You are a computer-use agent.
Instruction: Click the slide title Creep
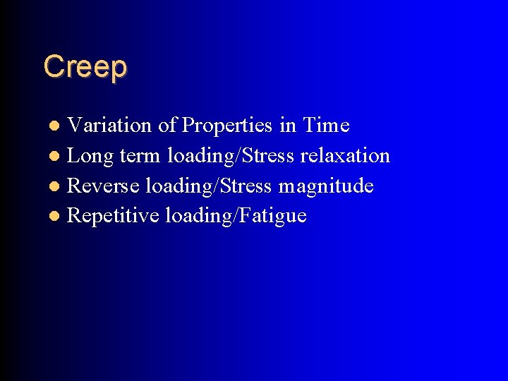point(85,67)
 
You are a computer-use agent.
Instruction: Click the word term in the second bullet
point(143,156)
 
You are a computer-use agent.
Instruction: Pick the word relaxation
point(345,156)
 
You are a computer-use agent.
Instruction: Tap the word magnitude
point(326,186)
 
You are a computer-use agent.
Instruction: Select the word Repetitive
point(112,216)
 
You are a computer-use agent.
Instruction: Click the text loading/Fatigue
point(236,216)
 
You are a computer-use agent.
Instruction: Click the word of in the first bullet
point(167,126)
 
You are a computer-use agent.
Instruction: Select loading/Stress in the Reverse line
point(208,186)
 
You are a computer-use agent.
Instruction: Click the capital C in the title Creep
point(52,66)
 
